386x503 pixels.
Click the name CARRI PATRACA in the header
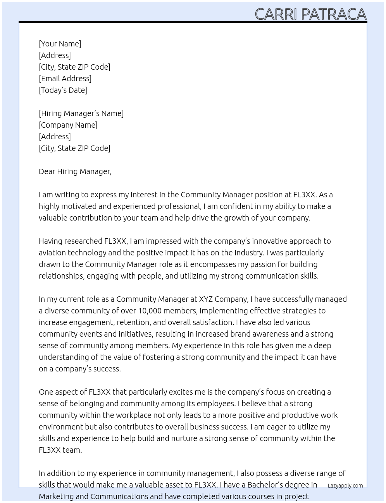point(310,14)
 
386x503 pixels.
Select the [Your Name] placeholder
point(60,44)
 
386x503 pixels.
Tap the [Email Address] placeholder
point(65,79)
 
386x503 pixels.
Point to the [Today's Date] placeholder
point(63,90)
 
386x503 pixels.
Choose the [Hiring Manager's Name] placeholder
point(81,113)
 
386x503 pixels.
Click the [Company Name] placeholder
point(68,125)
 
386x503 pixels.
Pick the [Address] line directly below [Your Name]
point(55,55)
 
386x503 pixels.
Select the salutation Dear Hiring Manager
point(75,171)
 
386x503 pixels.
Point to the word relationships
point(61,276)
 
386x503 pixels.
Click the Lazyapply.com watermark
point(345,486)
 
